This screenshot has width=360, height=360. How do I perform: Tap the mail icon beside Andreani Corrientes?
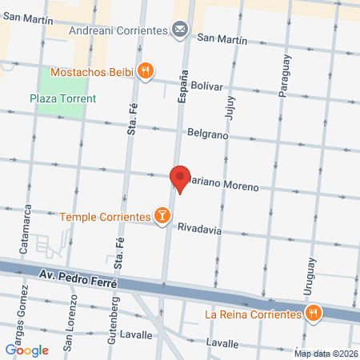(180, 30)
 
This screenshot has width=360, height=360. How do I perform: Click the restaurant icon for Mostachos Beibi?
(145, 70)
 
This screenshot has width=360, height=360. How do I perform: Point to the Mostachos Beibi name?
(90, 71)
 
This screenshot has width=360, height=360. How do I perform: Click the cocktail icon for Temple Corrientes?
(162, 216)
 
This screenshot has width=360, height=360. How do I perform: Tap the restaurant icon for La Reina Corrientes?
(313, 314)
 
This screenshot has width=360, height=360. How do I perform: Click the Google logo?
(26, 349)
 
